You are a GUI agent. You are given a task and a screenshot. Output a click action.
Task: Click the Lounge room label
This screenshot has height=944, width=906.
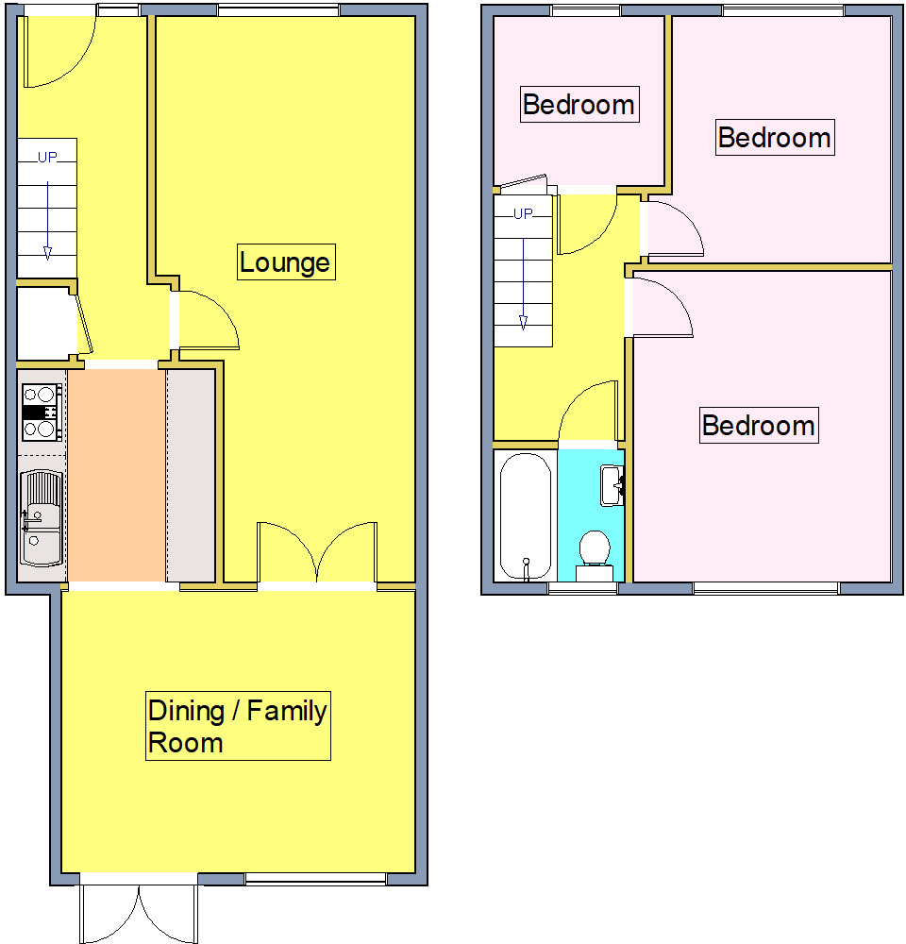pyautogui.click(x=285, y=261)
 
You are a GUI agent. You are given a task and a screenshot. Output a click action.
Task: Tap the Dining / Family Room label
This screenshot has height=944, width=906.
pyautogui.click(x=238, y=726)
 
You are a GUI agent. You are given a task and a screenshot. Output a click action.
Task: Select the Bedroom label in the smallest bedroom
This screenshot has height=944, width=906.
pyautogui.click(x=579, y=104)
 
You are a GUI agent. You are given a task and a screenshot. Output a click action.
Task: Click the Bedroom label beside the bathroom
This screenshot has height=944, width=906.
pyautogui.click(x=758, y=425)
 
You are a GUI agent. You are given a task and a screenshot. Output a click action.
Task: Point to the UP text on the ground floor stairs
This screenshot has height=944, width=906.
pyautogui.click(x=47, y=158)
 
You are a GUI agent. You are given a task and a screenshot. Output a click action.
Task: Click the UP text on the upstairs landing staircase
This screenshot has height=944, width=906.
pyautogui.click(x=523, y=213)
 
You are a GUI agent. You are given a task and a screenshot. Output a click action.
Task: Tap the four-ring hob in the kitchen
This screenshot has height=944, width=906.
pyautogui.click(x=42, y=412)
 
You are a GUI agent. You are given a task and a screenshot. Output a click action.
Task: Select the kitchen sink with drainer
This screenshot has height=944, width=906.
pyautogui.click(x=42, y=514)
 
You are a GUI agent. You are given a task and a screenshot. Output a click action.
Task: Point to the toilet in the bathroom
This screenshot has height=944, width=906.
pyautogui.click(x=594, y=553)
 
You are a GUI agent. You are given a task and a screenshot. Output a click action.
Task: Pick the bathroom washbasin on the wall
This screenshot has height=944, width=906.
pyautogui.click(x=612, y=484)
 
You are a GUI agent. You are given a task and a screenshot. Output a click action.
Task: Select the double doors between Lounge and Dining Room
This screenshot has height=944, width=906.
pyautogui.click(x=317, y=552)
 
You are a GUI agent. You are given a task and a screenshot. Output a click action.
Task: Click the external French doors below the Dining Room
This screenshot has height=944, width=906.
pyautogui.click(x=140, y=914)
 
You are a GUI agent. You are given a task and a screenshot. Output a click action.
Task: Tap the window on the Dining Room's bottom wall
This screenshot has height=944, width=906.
pyautogui.click(x=315, y=879)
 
